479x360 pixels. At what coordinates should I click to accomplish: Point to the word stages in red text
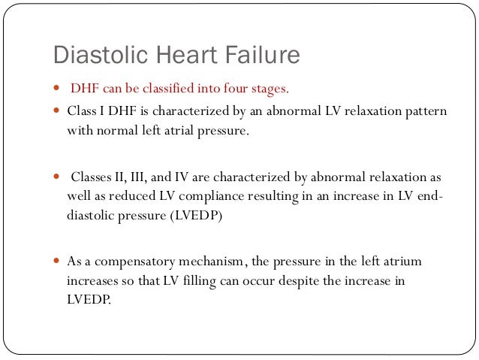coord(264,89)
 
